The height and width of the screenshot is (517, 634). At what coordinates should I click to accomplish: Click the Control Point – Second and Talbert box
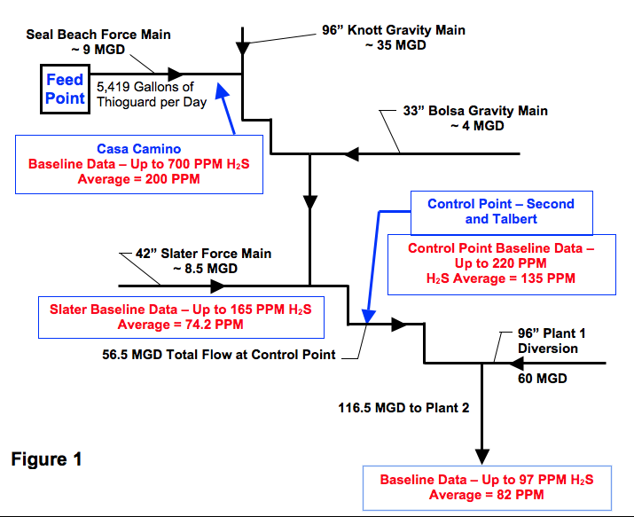501,211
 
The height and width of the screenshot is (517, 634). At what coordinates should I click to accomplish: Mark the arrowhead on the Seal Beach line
175,74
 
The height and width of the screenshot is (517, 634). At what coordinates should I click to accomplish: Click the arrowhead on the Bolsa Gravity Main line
352,154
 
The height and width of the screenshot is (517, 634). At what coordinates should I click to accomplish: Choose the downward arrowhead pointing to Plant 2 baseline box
481,454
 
